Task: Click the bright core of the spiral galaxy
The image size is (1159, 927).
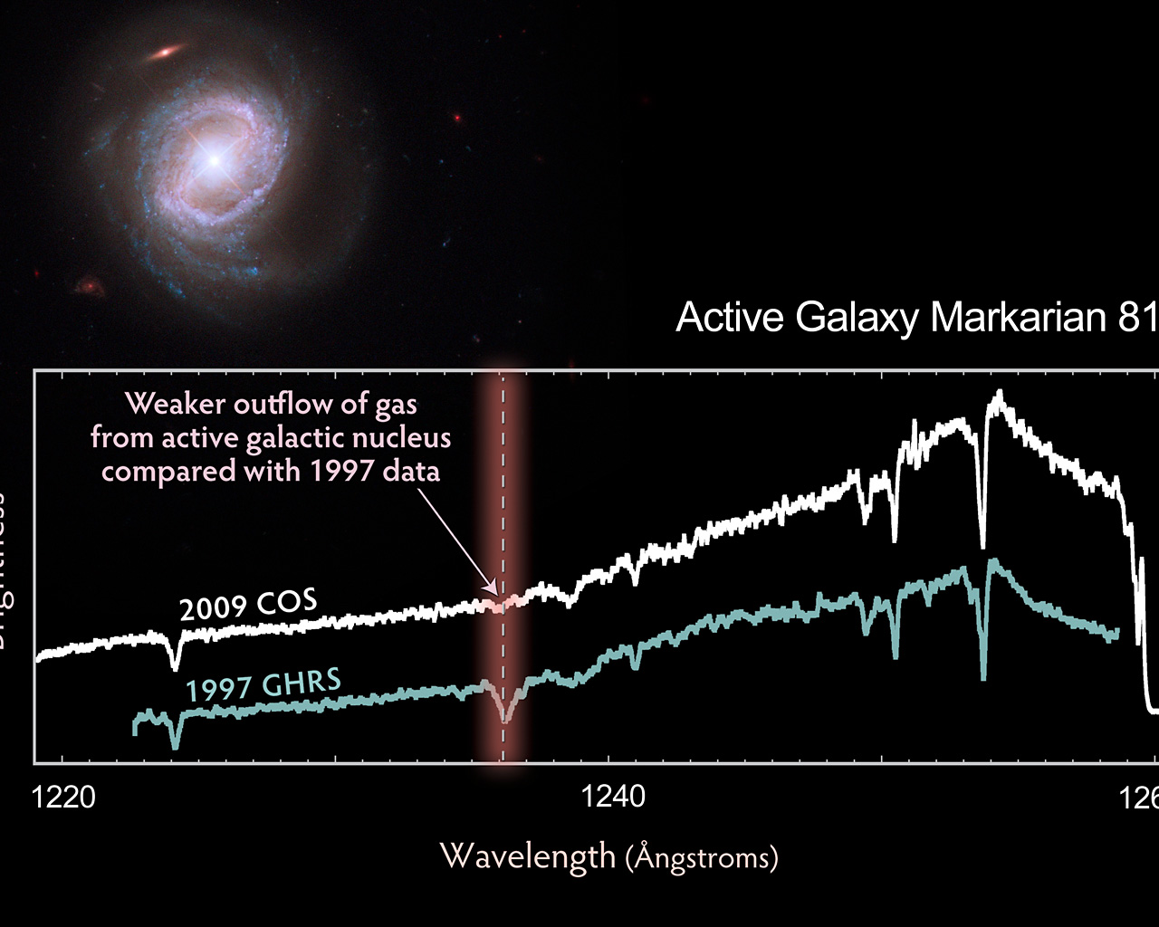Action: click(215, 160)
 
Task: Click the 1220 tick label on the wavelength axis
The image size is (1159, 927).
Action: click(62, 797)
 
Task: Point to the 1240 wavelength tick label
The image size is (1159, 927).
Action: click(614, 797)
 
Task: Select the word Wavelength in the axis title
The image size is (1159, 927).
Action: click(527, 855)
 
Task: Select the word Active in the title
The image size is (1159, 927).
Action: click(730, 318)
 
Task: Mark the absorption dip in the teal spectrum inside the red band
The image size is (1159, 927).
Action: click(505, 720)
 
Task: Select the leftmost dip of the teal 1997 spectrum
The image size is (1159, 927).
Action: click(176, 746)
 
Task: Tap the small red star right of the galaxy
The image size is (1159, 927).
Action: click(457, 118)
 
